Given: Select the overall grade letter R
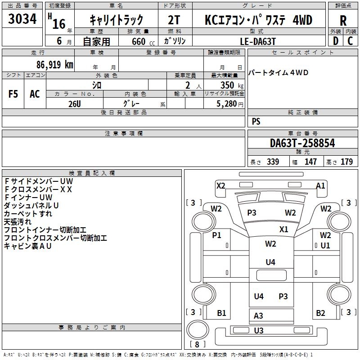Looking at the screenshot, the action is [343, 21].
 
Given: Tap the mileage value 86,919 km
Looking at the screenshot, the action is [55, 64].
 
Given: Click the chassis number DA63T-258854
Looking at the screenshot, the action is [302, 144].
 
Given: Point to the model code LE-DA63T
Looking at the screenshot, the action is [258, 41].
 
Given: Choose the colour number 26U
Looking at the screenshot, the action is [75, 103].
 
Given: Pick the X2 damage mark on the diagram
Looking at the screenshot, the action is [220, 185].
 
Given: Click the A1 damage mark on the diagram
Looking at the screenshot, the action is [320, 185].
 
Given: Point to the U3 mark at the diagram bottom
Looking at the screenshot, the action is [258, 331].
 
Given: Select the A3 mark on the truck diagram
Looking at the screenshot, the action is [258, 316].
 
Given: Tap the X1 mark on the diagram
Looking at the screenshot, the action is [283, 229].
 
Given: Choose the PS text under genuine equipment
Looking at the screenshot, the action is [256, 121].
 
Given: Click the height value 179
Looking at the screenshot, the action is [347, 162].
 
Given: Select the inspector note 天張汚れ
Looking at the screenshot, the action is [18, 222].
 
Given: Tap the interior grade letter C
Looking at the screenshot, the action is [350, 41].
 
